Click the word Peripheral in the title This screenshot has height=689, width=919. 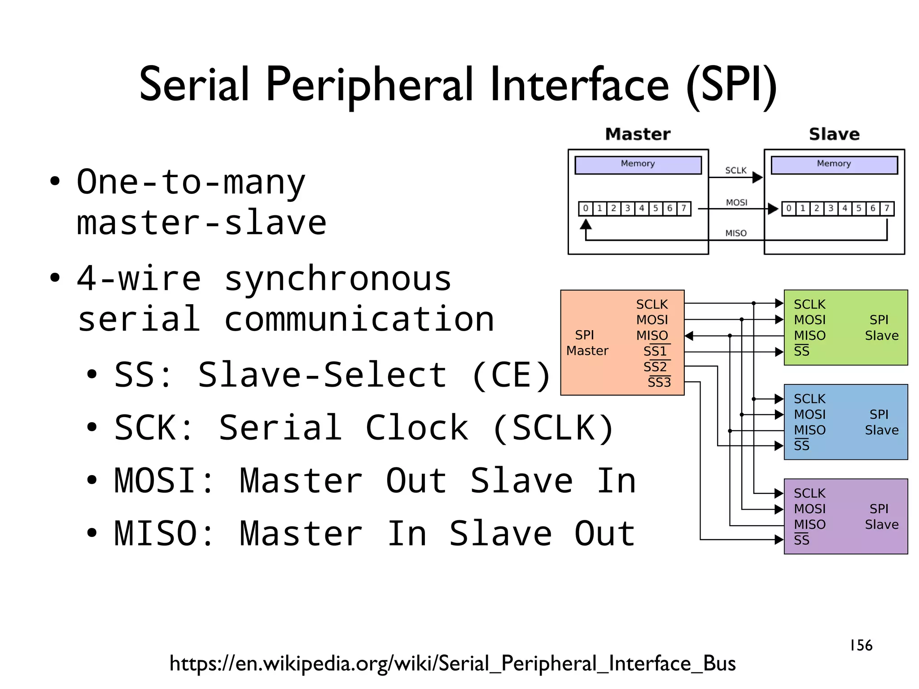click(369, 85)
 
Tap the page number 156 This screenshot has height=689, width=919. click(861, 645)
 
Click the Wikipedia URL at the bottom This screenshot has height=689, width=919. click(452, 663)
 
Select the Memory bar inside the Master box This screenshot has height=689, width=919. click(638, 165)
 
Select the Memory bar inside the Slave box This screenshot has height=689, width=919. click(834, 165)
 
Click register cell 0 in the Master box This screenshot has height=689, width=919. click(585, 209)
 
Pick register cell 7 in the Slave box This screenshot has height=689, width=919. click(887, 209)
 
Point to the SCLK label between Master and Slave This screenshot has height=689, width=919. click(736, 170)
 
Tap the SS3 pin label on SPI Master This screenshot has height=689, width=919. click(659, 382)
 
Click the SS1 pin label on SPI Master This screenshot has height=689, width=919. click(655, 351)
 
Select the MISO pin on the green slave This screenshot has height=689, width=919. click(810, 336)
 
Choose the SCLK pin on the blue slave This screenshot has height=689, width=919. click(810, 399)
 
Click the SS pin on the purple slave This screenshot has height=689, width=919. click(801, 540)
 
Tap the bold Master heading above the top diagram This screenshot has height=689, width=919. click(638, 134)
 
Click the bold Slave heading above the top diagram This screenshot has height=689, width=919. click(834, 134)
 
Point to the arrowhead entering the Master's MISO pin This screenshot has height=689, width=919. click(689, 336)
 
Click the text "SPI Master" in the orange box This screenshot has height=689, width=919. click(586, 343)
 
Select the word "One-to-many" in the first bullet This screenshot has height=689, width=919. click(191, 182)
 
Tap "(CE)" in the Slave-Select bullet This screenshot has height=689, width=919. click(511, 375)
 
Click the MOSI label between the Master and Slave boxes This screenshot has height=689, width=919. click(736, 203)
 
